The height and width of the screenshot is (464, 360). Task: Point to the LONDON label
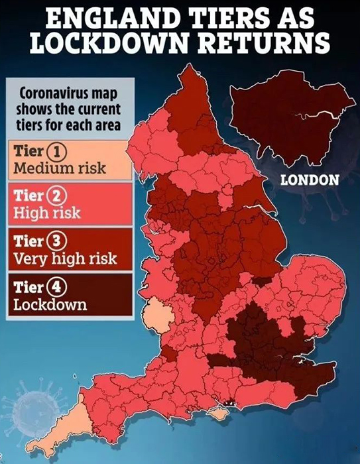(x=310, y=179)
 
